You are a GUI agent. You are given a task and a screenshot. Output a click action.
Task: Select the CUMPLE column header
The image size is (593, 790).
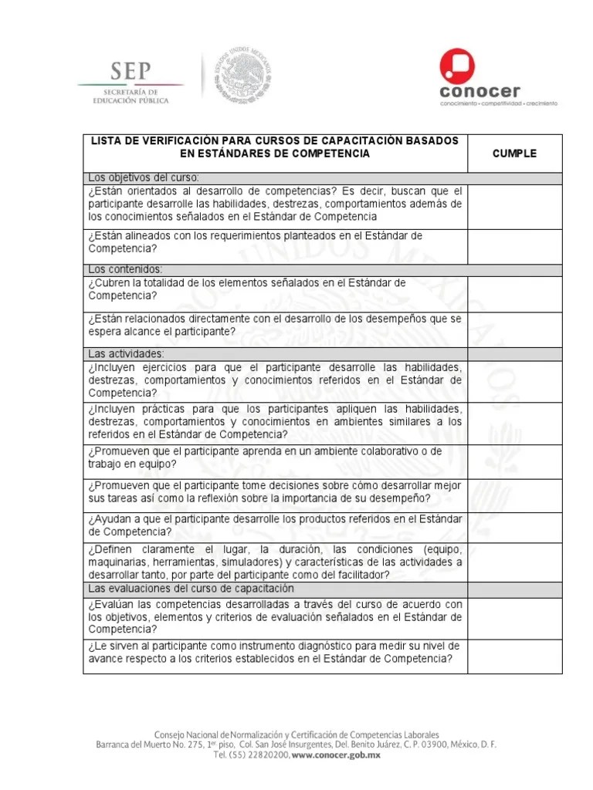(x=514, y=154)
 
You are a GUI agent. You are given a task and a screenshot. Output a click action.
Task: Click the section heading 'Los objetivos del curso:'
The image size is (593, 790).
(x=144, y=177)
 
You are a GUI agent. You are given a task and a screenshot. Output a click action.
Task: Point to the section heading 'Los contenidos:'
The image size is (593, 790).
(x=125, y=269)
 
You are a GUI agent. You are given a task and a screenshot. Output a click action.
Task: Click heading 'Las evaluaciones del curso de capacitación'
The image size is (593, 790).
(x=189, y=589)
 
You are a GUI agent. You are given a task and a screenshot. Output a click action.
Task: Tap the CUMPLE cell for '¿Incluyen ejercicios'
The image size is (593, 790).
(x=514, y=380)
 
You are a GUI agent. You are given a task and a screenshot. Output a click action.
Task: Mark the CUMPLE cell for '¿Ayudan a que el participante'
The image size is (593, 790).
(x=514, y=525)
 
